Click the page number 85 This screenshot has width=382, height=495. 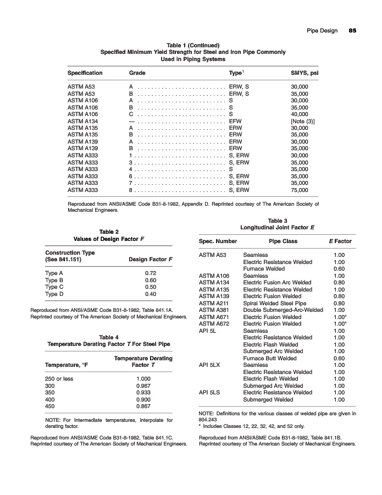point(352,31)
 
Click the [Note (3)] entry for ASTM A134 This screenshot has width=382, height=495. point(302,121)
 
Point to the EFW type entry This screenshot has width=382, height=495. point(235,121)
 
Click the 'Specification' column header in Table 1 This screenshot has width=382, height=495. point(85,73)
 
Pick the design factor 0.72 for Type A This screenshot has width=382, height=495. point(150,273)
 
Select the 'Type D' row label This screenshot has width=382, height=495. point(54,294)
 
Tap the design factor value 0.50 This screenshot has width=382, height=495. point(150,287)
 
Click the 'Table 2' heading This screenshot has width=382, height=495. point(109,232)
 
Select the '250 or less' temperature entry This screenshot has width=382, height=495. point(58,380)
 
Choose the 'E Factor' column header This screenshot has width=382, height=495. point(339,241)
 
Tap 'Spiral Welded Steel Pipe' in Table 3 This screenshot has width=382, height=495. point(274,303)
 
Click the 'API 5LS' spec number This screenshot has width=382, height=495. point(209,392)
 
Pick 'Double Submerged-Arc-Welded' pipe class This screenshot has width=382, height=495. point(283,310)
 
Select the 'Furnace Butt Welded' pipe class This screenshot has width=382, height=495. point(269,358)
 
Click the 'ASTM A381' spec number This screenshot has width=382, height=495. point(213,310)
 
